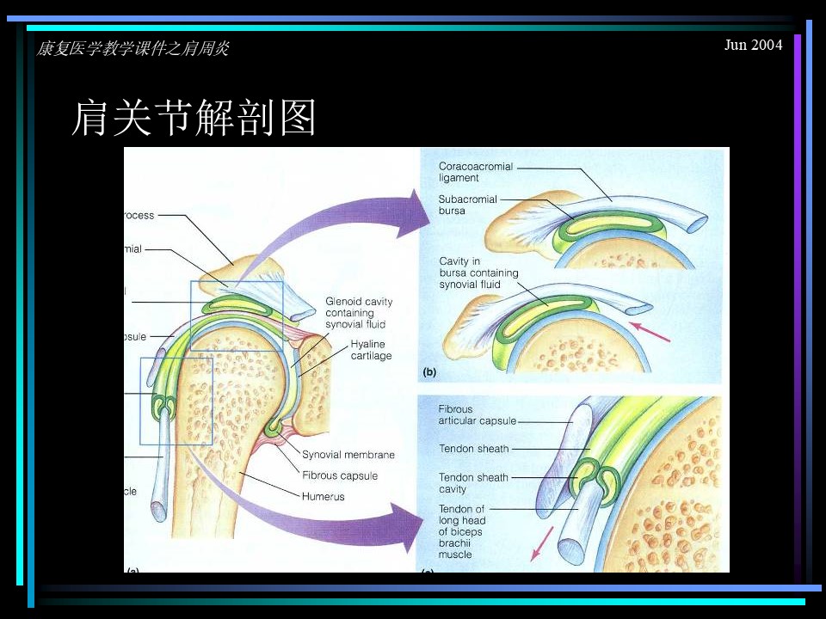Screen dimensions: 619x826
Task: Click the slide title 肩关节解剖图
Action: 194,118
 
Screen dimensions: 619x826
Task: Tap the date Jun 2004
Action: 754,45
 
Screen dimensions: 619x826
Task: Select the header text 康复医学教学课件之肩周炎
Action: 133,49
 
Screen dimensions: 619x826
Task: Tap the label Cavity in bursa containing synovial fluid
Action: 478,273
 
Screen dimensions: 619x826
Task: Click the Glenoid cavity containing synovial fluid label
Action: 359,313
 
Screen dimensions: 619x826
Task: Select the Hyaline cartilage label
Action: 371,350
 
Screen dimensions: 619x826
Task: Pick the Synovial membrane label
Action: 348,455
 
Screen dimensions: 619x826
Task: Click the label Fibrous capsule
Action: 340,475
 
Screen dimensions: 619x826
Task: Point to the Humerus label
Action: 323,496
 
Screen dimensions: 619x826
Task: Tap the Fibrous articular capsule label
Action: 478,415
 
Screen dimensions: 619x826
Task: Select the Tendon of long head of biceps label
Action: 462,531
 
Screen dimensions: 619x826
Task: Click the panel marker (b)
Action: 429,372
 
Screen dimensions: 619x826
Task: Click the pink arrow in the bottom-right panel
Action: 542,542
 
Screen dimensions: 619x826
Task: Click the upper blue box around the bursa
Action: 237,310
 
